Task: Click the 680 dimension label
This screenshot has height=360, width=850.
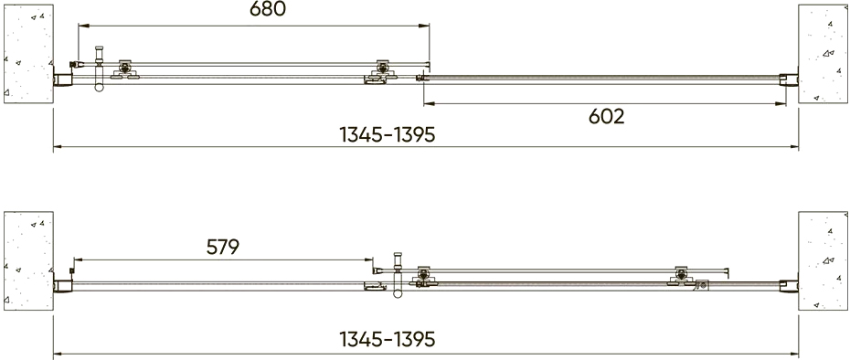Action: pos(267,9)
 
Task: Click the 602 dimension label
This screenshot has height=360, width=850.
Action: pos(607,117)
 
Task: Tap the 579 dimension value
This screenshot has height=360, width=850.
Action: pos(223,248)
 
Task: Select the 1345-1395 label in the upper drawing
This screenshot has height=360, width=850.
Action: pos(387,134)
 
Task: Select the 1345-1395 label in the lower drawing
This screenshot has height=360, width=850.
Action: pos(387,339)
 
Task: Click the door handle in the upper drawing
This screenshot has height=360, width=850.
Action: pos(99,69)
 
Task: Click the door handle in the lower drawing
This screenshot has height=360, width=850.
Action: pos(398,275)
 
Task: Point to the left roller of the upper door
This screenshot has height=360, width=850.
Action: pos(125,69)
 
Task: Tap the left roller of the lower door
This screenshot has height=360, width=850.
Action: pos(424,277)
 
